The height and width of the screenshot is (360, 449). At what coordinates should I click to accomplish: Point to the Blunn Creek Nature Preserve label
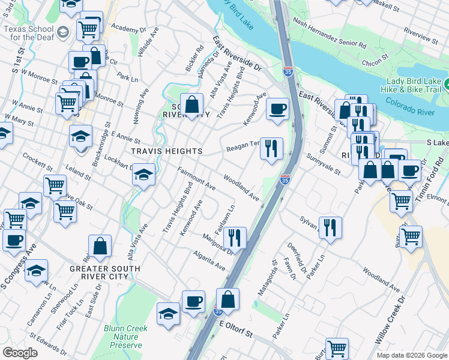tap(122, 337)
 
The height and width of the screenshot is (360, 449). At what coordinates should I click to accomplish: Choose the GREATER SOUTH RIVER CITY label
tap(104, 272)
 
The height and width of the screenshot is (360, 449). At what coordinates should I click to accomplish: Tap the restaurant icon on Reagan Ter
tap(271, 148)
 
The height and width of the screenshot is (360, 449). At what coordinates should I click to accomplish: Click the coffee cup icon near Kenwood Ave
tap(277, 109)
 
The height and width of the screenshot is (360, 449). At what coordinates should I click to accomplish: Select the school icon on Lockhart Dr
tap(143, 175)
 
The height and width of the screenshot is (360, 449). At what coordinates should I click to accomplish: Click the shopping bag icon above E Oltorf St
tap(228, 298)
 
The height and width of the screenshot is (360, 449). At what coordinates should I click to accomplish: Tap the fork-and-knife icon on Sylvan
tap(330, 227)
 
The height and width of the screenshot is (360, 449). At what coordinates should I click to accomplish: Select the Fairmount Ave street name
tap(196, 179)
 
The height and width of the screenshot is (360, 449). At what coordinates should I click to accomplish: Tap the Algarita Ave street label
tap(208, 262)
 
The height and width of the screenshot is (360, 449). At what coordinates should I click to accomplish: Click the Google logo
tap(20, 353)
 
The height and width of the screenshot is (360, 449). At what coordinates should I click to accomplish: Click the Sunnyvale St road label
tap(323, 164)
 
